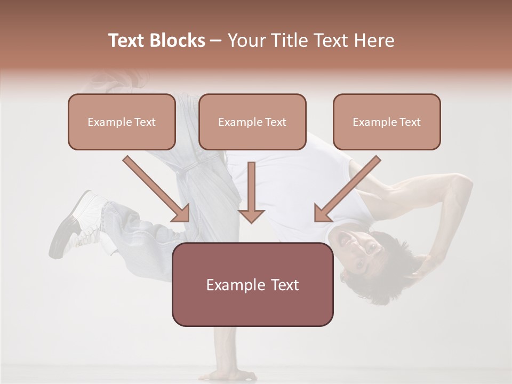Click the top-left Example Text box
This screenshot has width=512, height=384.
coord(122,122)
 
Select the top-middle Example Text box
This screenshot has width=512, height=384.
coord(252,122)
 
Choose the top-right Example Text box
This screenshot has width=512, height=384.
coord(387,122)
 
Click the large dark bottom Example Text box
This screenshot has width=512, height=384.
coord(252,284)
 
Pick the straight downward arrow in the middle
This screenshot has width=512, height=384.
coord(251,192)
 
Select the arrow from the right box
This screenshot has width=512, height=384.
coord(347,189)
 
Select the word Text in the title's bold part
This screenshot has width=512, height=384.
coord(127,41)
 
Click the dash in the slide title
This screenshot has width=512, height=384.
coord(216,41)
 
